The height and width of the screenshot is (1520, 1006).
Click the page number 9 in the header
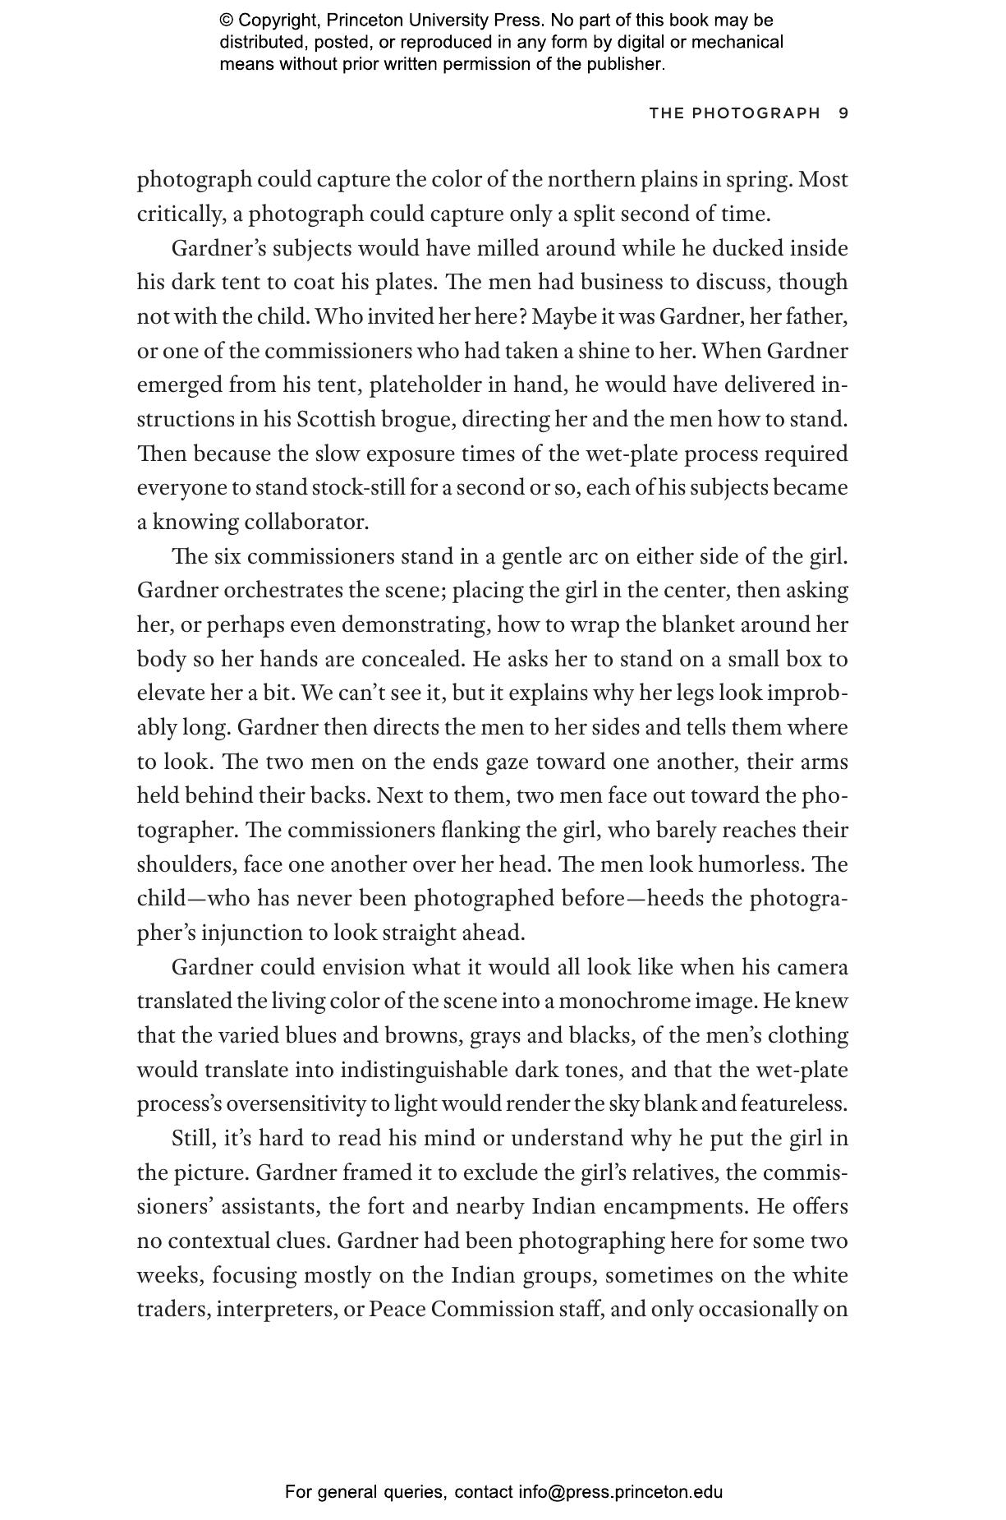pyautogui.click(x=843, y=113)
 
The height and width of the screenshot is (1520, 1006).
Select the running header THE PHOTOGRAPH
pyautogui.click(x=734, y=113)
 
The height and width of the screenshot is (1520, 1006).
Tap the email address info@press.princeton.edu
pyautogui.click(x=620, y=1492)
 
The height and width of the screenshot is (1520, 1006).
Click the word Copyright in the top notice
pyautogui.click(x=272, y=21)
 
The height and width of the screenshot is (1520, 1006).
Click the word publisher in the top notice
pyautogui.click(x=622, y=64)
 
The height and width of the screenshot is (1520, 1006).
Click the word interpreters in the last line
pyautogui.click(x=274, y=1309)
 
